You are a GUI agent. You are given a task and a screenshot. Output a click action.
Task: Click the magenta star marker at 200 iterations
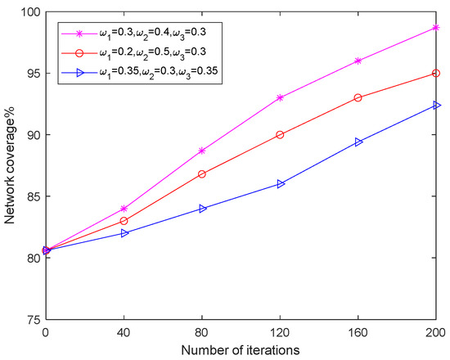point(436,27)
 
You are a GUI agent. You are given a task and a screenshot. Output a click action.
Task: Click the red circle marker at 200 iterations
point(436,73)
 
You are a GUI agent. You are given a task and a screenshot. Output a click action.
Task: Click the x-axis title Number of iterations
point(241,349)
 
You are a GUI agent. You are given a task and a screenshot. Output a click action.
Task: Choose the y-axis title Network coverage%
point(11,165)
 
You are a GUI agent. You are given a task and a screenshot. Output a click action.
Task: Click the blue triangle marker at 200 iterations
point(436,105)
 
